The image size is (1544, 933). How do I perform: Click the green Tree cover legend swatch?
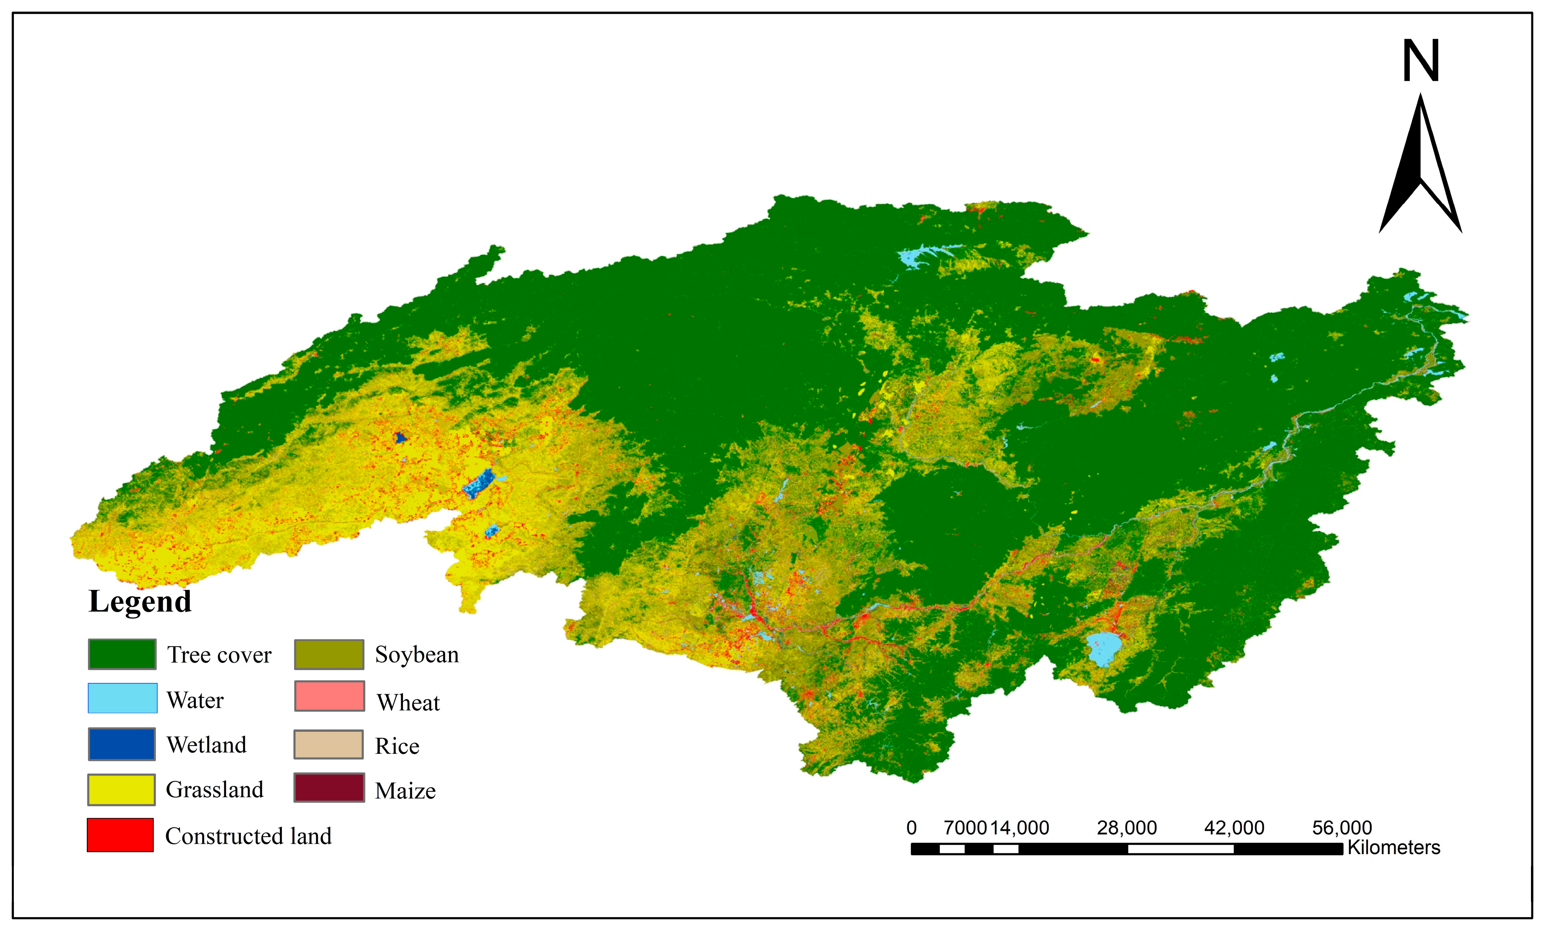122,654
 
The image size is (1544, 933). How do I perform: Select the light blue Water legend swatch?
122,698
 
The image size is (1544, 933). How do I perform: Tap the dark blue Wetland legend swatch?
122,744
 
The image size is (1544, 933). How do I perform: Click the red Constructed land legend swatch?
120,835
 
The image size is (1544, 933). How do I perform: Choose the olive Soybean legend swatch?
329,654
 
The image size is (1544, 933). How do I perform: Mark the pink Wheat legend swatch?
330,696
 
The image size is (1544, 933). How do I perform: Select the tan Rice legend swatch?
328,744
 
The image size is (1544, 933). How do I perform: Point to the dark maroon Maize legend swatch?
329,788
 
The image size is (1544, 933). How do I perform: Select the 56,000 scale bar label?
1342,828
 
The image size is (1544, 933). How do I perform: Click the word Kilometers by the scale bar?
1394,847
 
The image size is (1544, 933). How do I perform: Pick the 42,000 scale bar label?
1234,828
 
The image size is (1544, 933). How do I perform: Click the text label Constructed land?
248,836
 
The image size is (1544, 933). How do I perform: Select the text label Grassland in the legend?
214,789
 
